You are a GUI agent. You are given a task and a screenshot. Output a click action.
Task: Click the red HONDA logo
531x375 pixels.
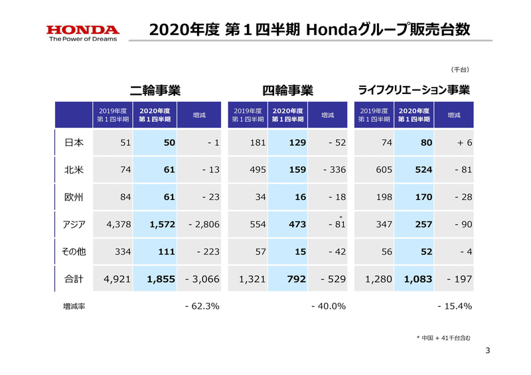tap(82, 30)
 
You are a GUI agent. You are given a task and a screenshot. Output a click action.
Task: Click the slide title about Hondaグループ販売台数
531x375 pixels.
tap(310, 29)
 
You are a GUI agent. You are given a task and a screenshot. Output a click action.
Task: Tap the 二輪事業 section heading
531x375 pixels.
tap(155, 90)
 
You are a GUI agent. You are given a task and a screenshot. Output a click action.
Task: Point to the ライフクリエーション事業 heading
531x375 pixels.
tap(414, 90)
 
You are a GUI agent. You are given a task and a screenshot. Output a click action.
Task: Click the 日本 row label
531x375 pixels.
tap(73, 142)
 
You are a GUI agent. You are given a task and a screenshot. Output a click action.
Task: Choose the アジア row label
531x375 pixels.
tap(73, 225)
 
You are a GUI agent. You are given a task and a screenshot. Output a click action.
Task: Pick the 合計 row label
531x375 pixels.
tap(73, 279)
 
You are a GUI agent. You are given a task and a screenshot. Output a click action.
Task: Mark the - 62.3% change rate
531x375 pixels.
tap(202, 306)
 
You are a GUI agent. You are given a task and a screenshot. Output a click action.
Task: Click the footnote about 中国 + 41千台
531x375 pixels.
tap(443, 339)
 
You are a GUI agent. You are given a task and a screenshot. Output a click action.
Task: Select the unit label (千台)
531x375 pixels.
tap(460, 69)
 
